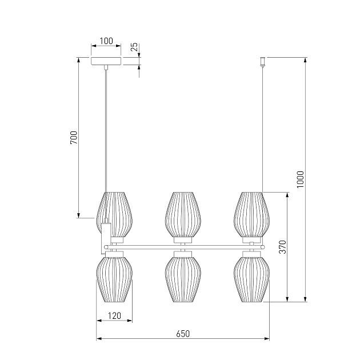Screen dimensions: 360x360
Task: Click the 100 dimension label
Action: coord(106,41)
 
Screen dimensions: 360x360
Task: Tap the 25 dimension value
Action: coord(134,47)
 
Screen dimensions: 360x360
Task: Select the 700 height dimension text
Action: coord(74,138)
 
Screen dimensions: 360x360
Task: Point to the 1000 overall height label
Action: coord(300,179)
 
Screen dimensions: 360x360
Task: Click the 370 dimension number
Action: coord(283,247)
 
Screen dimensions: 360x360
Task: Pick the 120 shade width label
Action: coord(114,315)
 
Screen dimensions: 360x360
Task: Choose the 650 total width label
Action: coord(183,334)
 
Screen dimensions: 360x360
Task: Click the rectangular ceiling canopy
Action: coord(106,61)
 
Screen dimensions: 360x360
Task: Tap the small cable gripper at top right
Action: coord(263,62)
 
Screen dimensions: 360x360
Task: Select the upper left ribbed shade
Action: coord(114,215)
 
